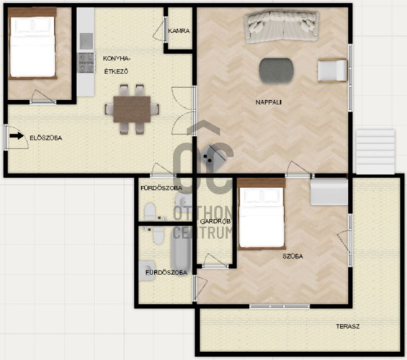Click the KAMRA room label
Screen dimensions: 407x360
[179, 31]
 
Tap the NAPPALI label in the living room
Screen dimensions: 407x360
[269, 102]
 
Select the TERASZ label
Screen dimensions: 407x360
[348, 326]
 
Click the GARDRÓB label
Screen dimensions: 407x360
[215, 222]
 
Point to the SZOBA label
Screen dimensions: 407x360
[292, 256]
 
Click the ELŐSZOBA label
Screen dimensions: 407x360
[46, 138]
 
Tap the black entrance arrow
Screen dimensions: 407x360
[17, 135]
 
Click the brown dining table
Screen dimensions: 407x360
[132, 109]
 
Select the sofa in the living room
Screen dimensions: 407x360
[282, 27]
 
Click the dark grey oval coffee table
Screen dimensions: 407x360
[277, 71]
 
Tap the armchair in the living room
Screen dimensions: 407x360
[333, 71]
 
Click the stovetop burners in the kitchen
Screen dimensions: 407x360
[86, 63]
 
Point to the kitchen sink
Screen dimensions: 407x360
[86, 41]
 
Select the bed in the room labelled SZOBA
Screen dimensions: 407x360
[261, 214]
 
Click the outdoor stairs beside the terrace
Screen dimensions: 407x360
[375, 152]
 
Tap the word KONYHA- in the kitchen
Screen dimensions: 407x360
[116, 58]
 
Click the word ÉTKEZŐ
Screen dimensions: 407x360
[116, 71]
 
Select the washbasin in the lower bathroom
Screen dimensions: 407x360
[147, 271]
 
